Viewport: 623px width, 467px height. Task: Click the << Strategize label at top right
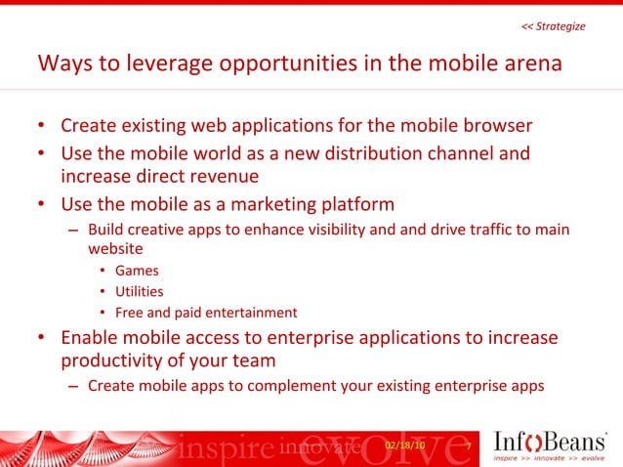tap(554, 26)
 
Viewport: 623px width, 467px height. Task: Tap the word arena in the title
tap(526, 65)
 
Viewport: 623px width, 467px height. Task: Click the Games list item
tap(136, 271)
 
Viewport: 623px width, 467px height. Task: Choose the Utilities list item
tap(139, 291)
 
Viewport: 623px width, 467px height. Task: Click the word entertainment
tap(248, 313)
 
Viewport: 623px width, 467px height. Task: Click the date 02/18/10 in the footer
tap(405, 446)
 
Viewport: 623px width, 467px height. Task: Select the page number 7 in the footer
tap(469, 446)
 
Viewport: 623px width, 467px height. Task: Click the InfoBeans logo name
tap(550, 438)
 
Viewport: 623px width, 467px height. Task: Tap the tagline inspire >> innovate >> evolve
tap(550, 457)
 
